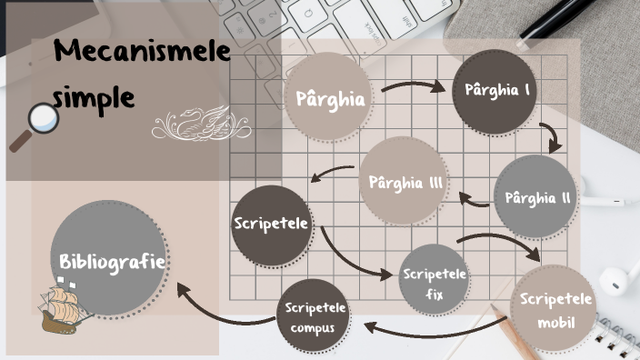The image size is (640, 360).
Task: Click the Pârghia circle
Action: coord(330,98)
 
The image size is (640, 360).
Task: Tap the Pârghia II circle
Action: coord(536,197)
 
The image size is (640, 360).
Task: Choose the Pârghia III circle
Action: coord(405,182)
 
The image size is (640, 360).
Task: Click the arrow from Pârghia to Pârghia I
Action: coord(414,88)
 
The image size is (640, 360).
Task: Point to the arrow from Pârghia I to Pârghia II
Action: coord(553,136)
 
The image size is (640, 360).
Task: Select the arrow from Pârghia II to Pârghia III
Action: coord(474,196)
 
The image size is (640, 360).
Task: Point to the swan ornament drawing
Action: coord(202,125)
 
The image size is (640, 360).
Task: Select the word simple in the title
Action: coord(95,95)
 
